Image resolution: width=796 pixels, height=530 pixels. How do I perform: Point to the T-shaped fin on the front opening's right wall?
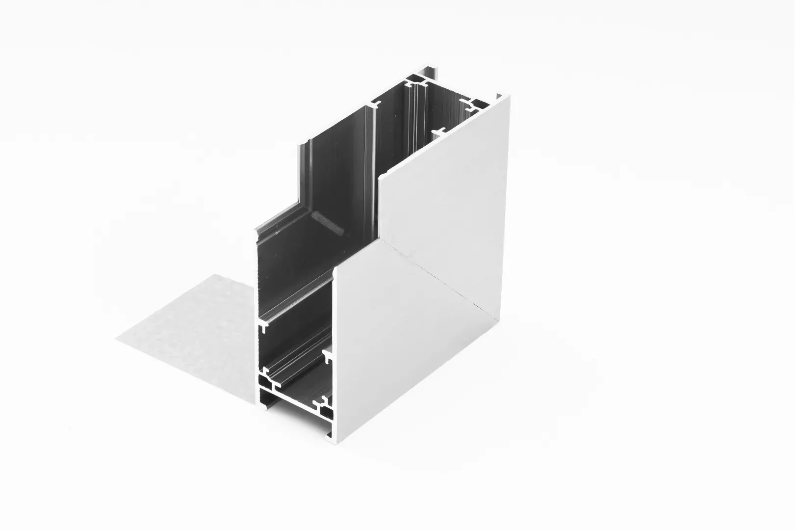327,352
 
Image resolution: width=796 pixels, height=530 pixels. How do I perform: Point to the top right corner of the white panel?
509,97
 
